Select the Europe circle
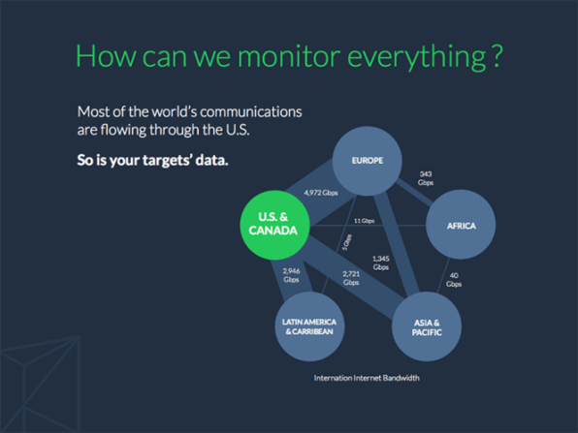368,161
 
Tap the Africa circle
461,226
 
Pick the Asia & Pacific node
428,326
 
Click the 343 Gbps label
426,178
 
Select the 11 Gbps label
364,221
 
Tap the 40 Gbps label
454,280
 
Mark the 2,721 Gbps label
351,278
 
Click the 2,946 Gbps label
292,275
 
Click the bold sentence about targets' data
152,160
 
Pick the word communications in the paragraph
251,112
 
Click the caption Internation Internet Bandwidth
367,378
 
